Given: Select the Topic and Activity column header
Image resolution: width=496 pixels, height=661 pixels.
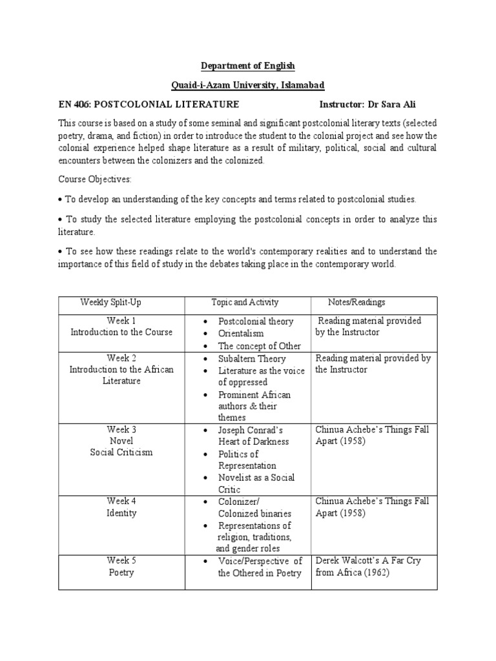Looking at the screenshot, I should click(x=245, y=302).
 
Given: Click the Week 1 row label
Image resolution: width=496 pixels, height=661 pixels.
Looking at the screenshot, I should click(x=121, y=321).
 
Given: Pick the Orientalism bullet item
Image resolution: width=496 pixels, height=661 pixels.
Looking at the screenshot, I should click(x=241, y=334).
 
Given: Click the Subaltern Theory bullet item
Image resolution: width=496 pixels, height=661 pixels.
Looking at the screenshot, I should click(x=251, y=359).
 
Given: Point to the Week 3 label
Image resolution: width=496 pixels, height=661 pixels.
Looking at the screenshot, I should click(x=121, y=429).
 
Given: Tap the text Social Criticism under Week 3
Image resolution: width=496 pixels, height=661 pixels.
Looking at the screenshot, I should click(x=121, y=453).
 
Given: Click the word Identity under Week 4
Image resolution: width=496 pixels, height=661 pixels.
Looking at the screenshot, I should click(x=121, y=513).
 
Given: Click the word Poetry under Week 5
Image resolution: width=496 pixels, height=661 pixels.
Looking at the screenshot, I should click(x=121, y=573).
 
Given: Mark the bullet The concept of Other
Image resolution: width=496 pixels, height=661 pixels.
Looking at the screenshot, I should click(x=260, y=346).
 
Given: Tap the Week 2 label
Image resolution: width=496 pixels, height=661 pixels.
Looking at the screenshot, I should click(x=121, y=358).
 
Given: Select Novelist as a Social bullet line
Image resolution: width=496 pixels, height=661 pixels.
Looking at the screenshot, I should click(x=256, y=478).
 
